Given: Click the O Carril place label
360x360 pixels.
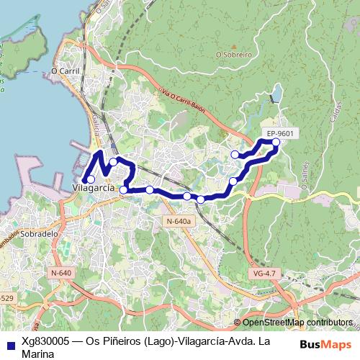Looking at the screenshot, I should click(64, 71).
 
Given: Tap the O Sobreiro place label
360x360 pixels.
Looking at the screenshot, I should click(233, 54).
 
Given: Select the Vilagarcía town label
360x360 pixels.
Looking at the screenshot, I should click(94, 187).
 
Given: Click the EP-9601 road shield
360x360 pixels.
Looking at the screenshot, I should click(279, 133).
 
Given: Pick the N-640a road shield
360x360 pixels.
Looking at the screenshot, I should click(177, 221).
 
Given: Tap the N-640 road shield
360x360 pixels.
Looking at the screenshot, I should click(62, 273).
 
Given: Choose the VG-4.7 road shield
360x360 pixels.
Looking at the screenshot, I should click(265, 273).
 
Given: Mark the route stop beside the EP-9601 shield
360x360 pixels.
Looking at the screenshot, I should click(276, 142).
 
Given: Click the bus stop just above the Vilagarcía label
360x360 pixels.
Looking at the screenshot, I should click(90, 179).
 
